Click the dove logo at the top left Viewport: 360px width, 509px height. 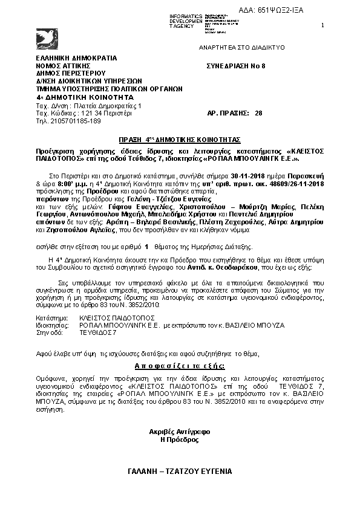click(47, 36)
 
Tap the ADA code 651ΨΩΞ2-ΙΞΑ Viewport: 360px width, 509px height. click(306, 11)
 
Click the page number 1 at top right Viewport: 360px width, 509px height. click(322, 25)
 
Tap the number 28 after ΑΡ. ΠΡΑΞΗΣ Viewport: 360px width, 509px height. click(259, 113)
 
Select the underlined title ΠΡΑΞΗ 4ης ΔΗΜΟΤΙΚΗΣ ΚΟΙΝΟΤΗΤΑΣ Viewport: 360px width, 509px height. click(180, 138)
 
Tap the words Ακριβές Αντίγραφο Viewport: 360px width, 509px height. click(179, 432)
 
